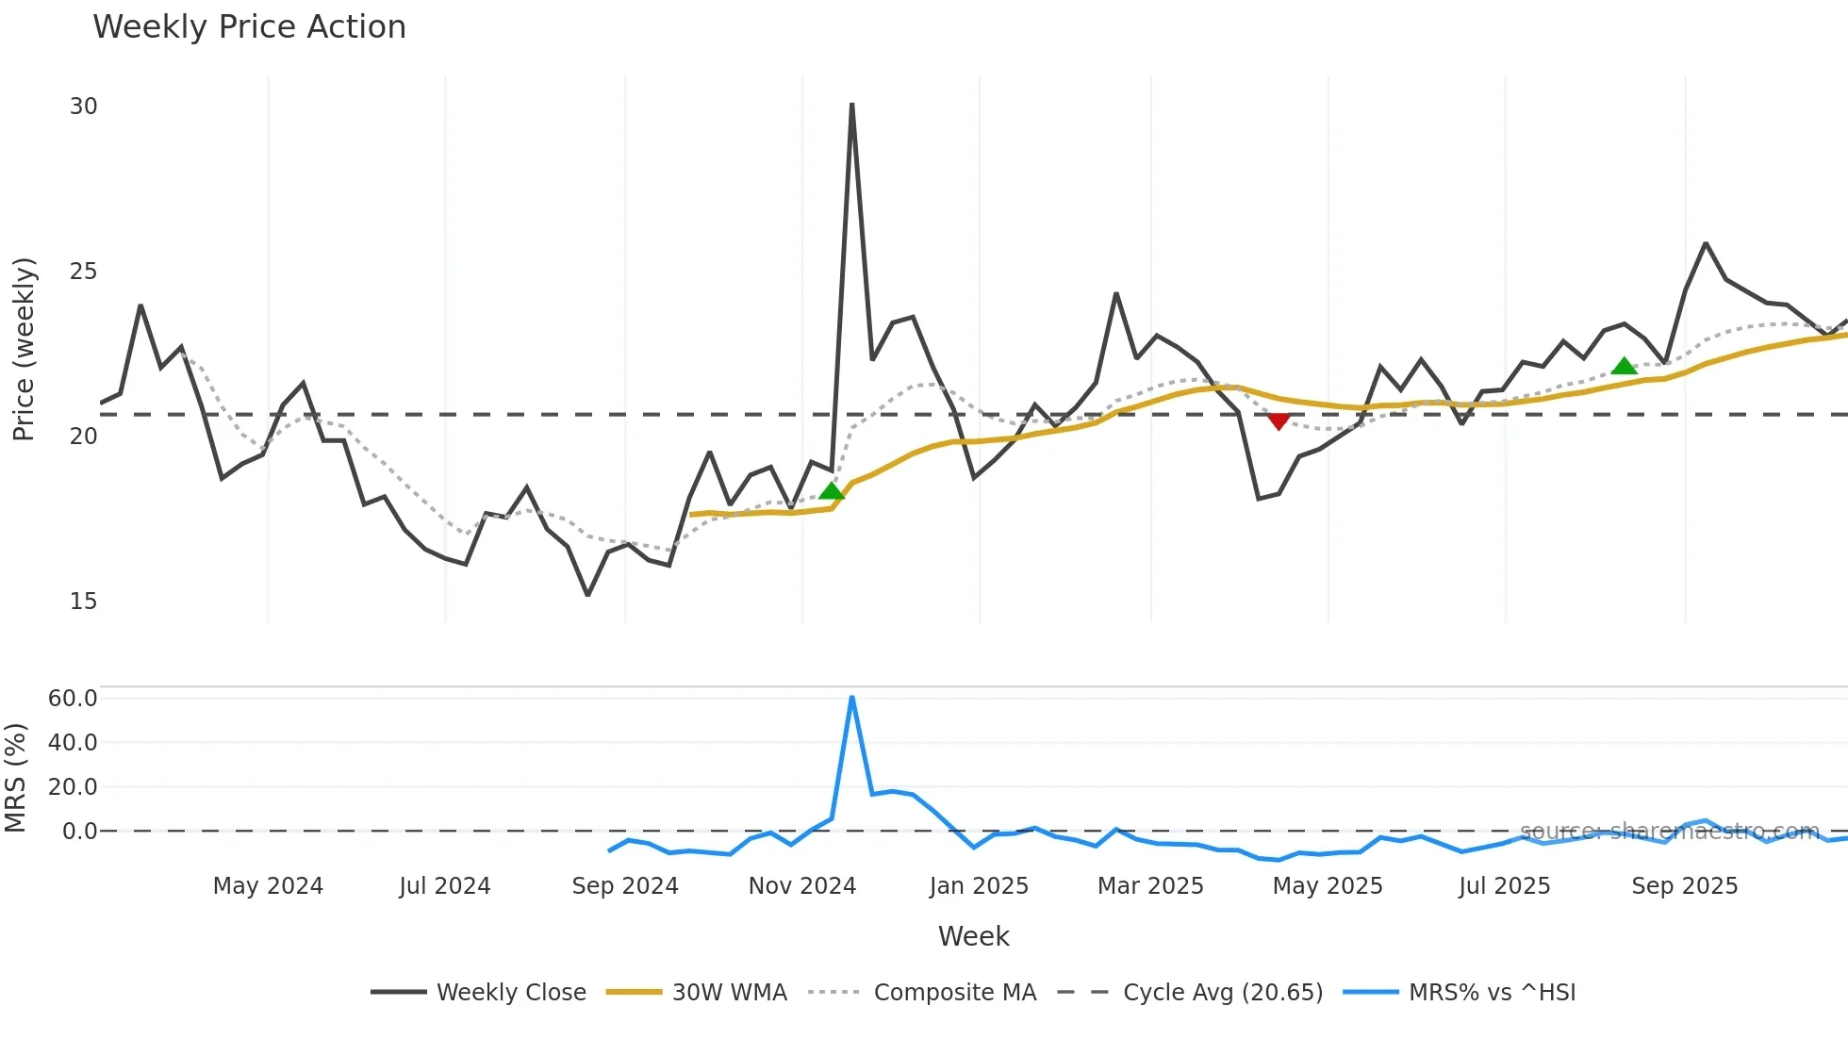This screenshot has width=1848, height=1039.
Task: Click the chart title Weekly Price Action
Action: tap(249, 27)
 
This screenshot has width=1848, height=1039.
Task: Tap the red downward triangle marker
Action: tap(1279, 421)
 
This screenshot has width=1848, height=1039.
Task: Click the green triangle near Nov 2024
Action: tap(832, 490)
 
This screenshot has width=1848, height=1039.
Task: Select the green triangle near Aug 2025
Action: tap(1624, 366)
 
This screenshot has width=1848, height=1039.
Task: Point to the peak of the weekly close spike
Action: tap(852, 105)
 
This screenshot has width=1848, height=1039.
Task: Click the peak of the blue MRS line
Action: tap(852, 697)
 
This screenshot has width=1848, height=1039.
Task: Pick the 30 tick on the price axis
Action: tap(83, 107)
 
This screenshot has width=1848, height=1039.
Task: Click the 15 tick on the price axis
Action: tap(83, 602)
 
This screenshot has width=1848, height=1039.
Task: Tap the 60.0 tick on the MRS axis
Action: tap(73, 699)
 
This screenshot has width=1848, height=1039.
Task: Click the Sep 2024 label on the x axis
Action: tap(625, 886)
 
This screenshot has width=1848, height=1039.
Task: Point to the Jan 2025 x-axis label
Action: tap(979, 886)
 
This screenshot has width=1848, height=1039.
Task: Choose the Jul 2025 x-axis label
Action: tap(1504, 886)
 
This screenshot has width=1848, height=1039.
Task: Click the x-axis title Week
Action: tap(973, 936)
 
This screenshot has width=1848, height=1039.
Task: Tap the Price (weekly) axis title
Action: tap(24, 349)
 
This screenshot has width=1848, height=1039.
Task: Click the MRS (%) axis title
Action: tap(15, 778)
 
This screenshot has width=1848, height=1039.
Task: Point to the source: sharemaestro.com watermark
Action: tap(1669, 832)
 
